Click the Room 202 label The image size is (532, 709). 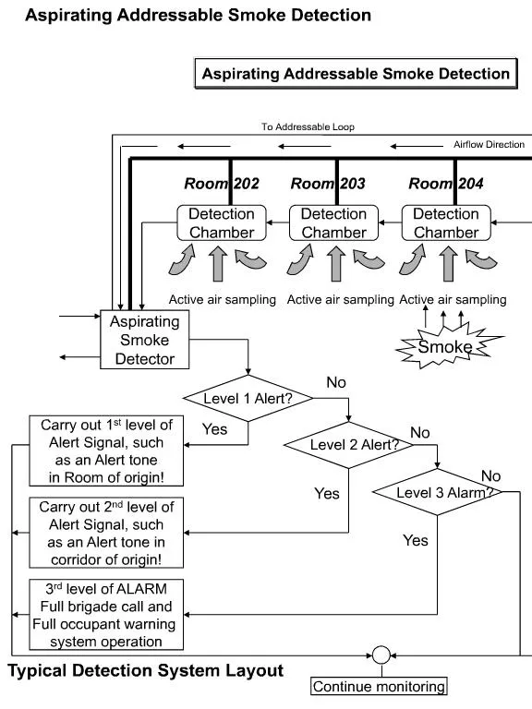[x=221, y=184]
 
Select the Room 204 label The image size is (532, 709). [x=446, y=184]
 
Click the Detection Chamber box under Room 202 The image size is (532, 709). [x=221, y=222]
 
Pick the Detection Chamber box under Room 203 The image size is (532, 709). [x=333, y=222]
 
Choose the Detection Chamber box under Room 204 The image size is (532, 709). [x=446, y=222]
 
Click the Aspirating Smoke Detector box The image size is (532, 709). [x=144, y=339]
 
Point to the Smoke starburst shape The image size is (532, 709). [x=444, y=348]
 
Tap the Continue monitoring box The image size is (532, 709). [x=379, y=686]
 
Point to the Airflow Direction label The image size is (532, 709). [x=489, y=145]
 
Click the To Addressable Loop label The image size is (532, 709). [x=308, y=126]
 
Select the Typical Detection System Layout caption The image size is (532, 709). [x=145, y=670]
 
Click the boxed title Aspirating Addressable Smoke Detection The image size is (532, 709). [x=356, y=74]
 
